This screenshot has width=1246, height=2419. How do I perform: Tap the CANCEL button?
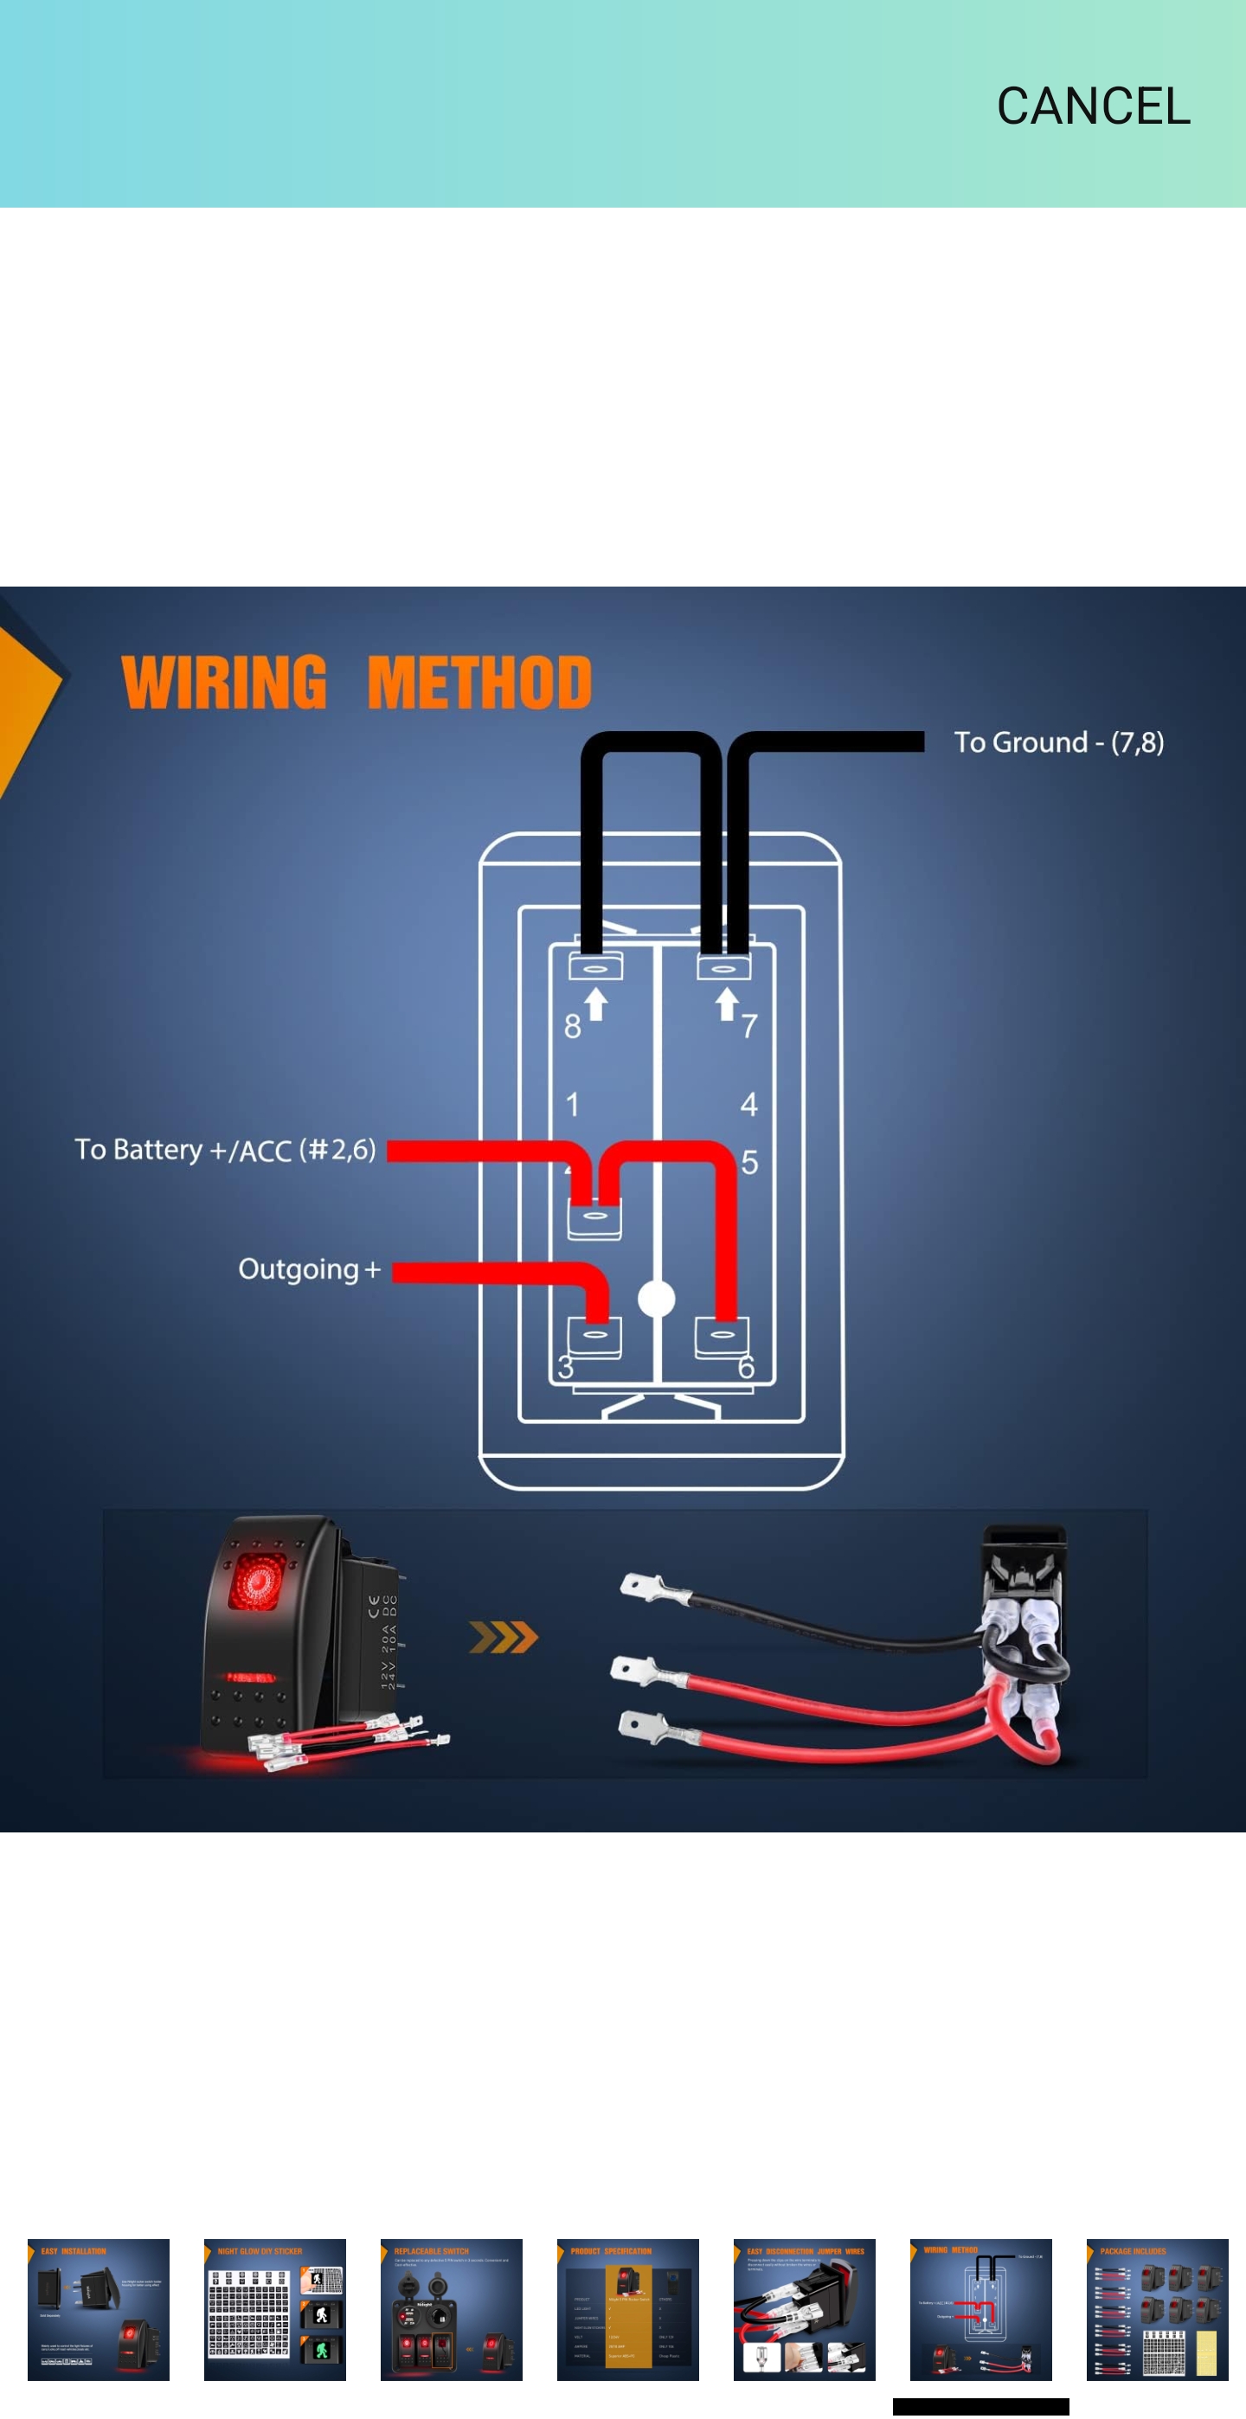1093,106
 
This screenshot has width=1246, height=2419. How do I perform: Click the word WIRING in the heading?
224,683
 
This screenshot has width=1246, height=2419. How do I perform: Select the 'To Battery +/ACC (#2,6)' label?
225,1150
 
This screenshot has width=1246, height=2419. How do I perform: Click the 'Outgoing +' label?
309,1269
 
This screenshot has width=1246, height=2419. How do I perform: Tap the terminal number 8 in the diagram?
572,1026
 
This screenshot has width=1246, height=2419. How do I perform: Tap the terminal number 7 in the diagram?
748,1026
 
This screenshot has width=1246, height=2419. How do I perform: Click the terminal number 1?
572,1104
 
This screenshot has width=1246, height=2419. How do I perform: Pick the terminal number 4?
748,1104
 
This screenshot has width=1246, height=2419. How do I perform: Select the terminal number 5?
749,1163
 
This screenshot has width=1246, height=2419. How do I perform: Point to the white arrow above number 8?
595,1003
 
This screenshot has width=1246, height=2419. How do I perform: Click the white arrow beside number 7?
726,1003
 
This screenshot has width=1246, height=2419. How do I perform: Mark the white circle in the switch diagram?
657,1299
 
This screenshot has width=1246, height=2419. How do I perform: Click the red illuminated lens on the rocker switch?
254,1581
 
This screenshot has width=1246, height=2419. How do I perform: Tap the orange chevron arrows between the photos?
504,1638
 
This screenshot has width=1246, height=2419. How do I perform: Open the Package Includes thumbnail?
1157,2309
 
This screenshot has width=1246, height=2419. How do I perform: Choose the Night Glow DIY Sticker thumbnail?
275,2309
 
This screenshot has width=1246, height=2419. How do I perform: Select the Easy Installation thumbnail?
99,2309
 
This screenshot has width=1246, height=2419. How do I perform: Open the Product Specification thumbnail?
628,2309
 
